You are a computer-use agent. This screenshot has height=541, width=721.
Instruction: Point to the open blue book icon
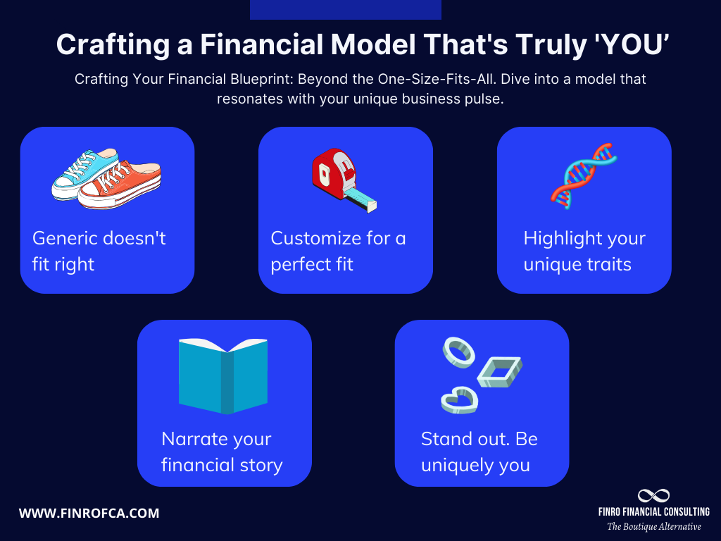coord(223,375)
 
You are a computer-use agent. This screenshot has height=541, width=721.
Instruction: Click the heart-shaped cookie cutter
coord(459,399)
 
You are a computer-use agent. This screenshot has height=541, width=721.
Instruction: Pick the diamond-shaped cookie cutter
coord(499,371)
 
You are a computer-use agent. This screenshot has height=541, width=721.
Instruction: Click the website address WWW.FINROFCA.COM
coord(89,514)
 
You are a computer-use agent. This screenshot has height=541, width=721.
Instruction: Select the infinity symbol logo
coord(653,496)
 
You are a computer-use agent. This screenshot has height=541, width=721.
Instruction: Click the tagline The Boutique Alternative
coord(654,526)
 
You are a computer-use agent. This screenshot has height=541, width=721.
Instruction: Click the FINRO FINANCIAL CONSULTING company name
coord(654,511)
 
